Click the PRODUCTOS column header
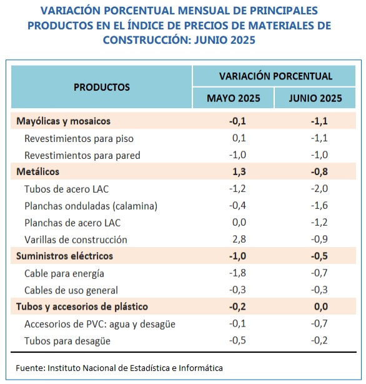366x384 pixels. coord(102,87)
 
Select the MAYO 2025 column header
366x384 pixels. coord(234,98)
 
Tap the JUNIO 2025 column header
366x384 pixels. coord(315,98)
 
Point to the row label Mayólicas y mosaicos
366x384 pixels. coord(63,121)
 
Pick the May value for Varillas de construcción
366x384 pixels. coord(239,239)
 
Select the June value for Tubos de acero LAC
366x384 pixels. coord(319,189)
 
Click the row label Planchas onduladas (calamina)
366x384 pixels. coord(91,206)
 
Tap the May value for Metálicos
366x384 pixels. coord(239,171)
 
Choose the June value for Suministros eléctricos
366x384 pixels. coord(319,256)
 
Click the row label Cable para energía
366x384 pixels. coord(64,274)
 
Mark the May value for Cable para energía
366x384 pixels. coord(237,273)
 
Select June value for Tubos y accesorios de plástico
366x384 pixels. coord(321,306)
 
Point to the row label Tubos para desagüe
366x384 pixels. coord(67,341)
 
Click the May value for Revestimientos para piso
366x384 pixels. coord(239,138)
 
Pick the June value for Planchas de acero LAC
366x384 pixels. coord(319,223)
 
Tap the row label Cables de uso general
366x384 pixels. coord(71,290)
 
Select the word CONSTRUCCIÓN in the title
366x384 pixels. coord(146,40)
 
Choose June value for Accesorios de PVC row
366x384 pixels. coord(319,323)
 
